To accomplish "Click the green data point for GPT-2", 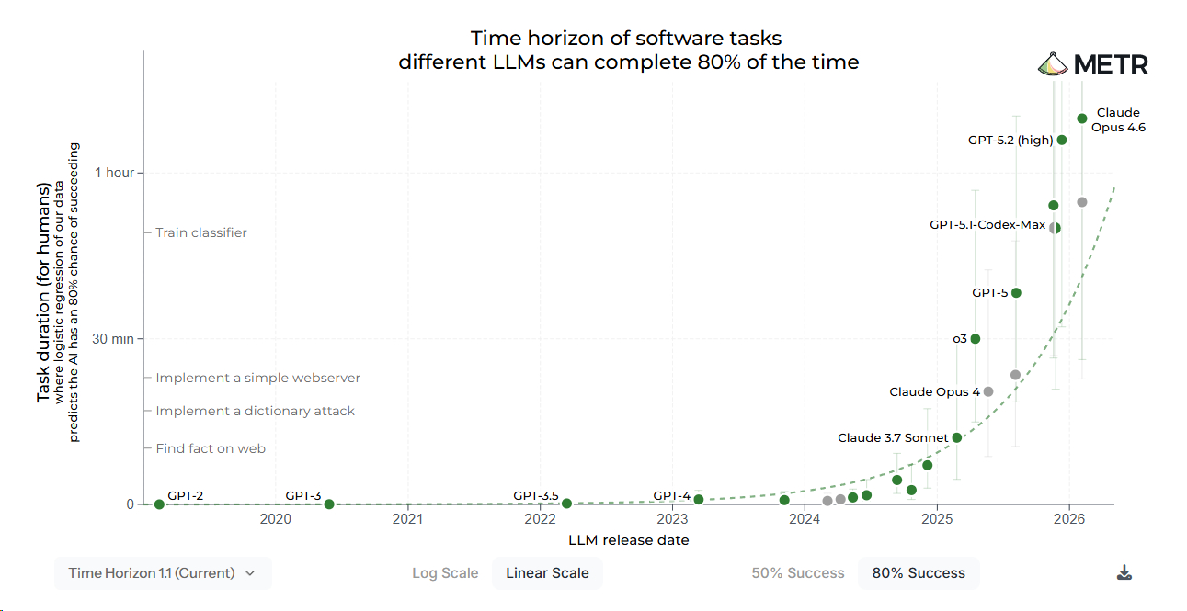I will click(159, 504).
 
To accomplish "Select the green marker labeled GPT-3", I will click(329, 504).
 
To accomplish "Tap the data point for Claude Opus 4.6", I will click(1082, 119).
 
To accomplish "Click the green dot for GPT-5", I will click(1016, 293).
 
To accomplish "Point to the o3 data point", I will click(976, 339).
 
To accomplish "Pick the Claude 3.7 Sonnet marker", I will click(957, 437).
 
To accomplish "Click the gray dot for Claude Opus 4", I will click(988, 391).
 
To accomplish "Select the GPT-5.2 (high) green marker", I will click(1062, 140).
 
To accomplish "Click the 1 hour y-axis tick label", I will click(114, 173).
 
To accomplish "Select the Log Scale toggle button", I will click(445, 573).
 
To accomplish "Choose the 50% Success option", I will click(797, 573).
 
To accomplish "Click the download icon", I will click(1124, 573).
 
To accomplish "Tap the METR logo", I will click(1093, 65).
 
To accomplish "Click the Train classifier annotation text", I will click(200, 232).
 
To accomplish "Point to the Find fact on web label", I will click(210, 448).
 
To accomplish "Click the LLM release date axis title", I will click(628, 540).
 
